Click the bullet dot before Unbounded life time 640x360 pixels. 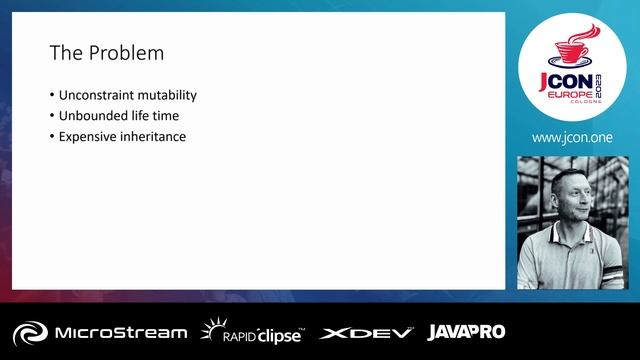click(52, 116)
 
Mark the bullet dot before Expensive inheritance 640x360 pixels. click(52, 136)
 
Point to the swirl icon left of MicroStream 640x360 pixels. click(30, 332)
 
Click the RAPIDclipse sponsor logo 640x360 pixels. click(252, 332)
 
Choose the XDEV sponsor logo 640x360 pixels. click(366, 332)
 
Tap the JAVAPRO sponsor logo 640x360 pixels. click(466, 332)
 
